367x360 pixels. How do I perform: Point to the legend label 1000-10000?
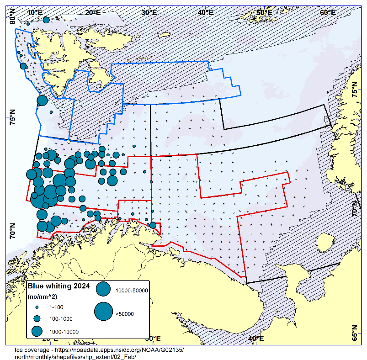64,332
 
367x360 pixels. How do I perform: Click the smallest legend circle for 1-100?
37,307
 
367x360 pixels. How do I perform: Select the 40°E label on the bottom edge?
255,338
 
